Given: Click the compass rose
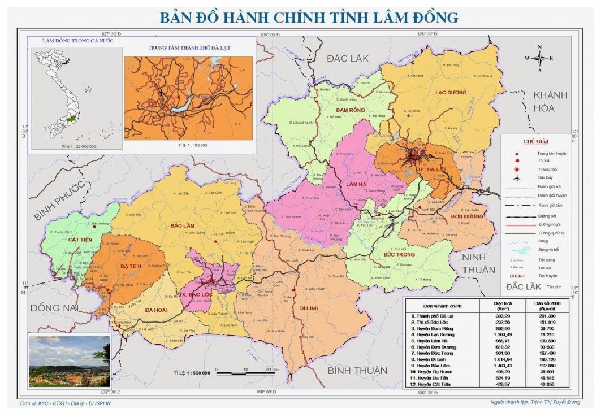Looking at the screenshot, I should click(539, 58).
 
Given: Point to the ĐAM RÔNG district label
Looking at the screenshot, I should click(349, 110).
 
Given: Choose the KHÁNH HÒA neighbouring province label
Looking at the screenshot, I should click(551, 101).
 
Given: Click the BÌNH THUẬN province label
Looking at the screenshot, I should click(358, 371).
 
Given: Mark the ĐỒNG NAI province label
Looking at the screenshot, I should click(53, 308).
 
